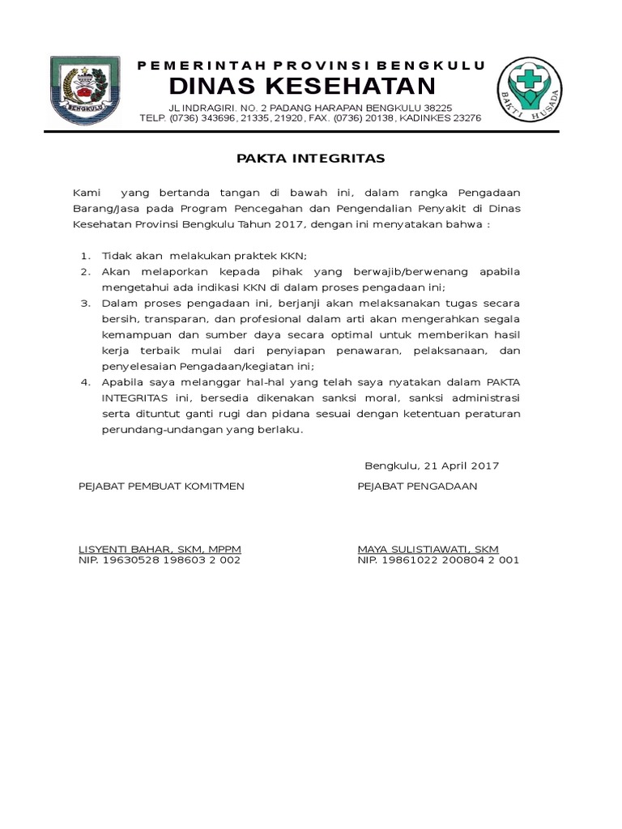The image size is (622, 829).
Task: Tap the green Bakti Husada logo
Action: tap(530, 89)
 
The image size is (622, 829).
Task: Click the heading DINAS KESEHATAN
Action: tap(302, 86)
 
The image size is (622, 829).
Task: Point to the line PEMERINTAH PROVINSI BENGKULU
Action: tap(311, 65)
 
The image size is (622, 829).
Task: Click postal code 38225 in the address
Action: tap(437, 108)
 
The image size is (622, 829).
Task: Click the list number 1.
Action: tap(85, 256)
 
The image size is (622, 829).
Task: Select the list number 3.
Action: tap(85, 303)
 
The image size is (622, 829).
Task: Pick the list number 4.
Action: tap(85, 382)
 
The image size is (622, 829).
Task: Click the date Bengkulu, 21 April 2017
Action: tap(432, 466)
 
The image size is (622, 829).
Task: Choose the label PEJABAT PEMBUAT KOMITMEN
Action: tap(161, 486)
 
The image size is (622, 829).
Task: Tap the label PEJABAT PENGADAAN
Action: tap(417, 486)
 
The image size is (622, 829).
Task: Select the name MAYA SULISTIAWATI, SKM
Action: tap(428, 549)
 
